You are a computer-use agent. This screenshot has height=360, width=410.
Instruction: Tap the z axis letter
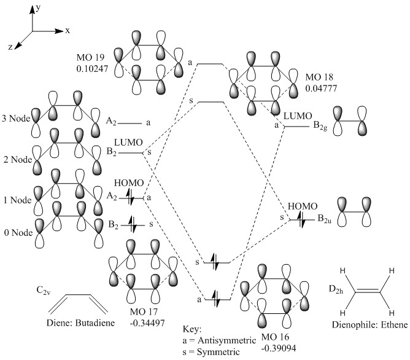tap(12, 47)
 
